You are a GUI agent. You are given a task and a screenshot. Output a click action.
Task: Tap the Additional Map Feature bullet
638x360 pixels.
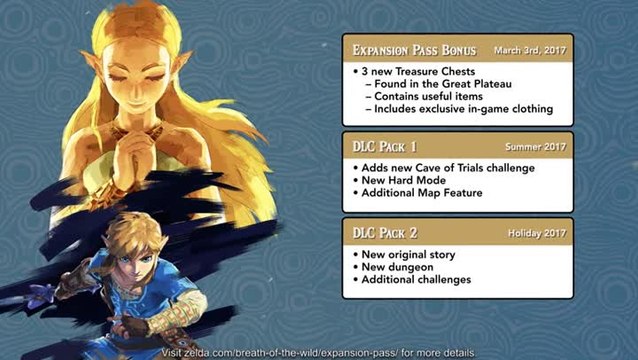coord(421,192)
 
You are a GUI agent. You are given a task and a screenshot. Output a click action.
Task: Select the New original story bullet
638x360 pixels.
coord(411,254)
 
